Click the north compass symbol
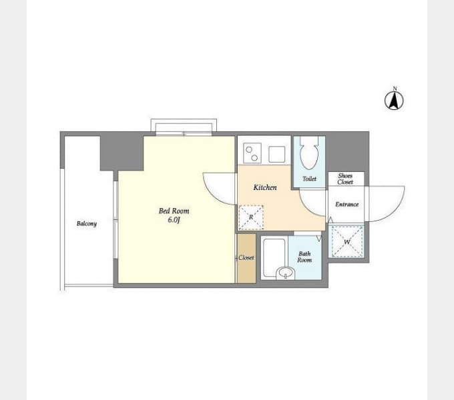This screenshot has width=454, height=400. pos(394,99)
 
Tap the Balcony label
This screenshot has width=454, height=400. pos(87,224)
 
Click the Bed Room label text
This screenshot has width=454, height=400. pos(174,211)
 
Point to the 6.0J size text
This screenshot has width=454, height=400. pos(174,220)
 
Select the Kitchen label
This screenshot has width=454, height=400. pos(265,187)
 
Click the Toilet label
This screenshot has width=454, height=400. pos(309,179)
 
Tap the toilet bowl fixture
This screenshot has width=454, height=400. pos(309,153)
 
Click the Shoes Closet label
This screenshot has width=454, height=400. pos(345,179)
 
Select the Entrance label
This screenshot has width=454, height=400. pos(347,205)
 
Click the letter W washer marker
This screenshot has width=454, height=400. pos(347,242)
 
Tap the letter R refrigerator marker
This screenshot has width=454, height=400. pos(251,217)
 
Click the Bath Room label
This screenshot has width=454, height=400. pos(304,257)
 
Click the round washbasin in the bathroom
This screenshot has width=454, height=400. pos(285,273)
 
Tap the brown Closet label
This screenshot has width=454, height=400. pos(246,257)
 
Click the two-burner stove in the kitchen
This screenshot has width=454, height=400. pos(252,153)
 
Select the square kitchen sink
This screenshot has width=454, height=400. pos(277,155)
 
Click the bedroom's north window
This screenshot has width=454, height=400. pos(184,127)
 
